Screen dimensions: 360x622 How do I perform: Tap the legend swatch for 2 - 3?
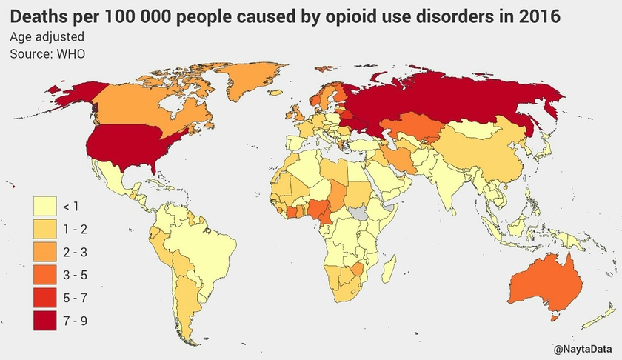pos(47,252)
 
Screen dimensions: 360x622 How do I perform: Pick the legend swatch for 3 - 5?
pos(47,275)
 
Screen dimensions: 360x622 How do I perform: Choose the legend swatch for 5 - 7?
pos(47,298)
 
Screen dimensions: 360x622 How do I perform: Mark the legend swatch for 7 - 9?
pos(47,321)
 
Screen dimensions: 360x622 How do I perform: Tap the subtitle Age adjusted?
pos(47,36)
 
